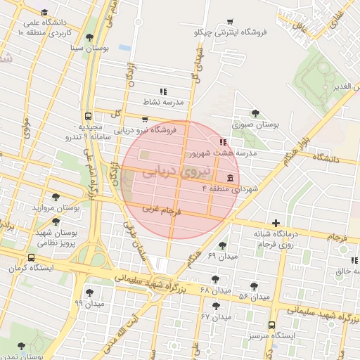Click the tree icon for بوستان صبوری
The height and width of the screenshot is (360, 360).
pyautogui.click(x=255, y=112)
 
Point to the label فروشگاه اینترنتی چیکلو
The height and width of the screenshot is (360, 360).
pyautogui.click(x=226, y=33)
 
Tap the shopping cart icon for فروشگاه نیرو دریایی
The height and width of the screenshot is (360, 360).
pyautogui.click(x=145, y=120)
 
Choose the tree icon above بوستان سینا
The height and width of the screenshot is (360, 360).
pyautogui.click(x=89, y=37)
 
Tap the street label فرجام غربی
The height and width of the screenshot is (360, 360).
pyautogui.click(x=162, y=209)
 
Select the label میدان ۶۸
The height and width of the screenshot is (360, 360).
pyautogui.click(x=215, y=290)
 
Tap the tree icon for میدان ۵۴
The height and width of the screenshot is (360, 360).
pyautogui.click(x=254, y=286)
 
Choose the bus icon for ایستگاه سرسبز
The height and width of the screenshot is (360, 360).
pyautogui.click(x=271, y=325)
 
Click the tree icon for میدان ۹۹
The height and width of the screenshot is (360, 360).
pyautogui.click(x=89, y=292)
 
